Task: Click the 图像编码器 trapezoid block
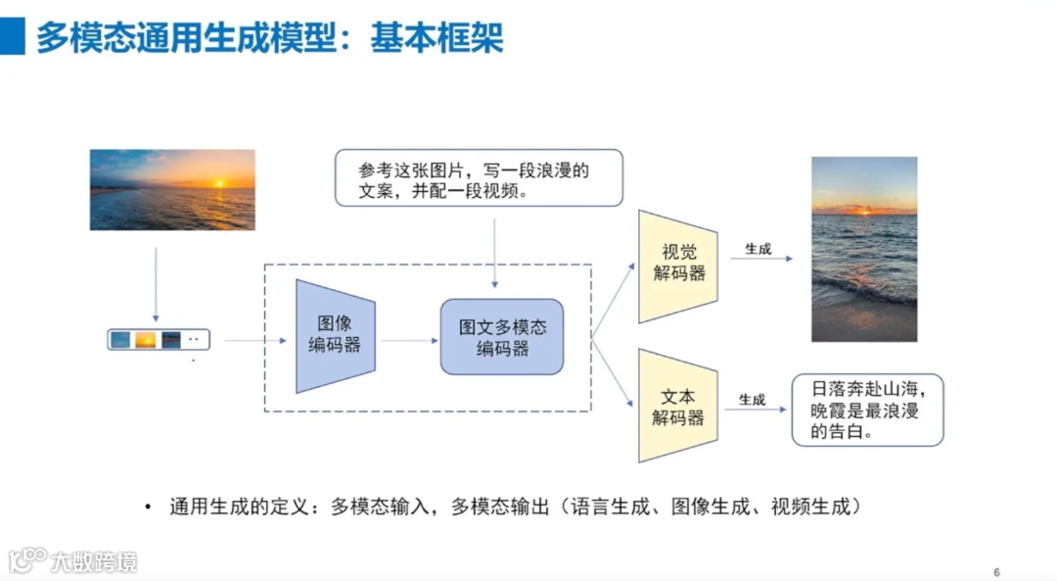(336, 336)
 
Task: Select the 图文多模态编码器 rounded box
(502, 337)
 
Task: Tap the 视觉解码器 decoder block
(678, 265)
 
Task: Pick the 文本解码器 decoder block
(678, 406)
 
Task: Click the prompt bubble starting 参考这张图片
(479, 177)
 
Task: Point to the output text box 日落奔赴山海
(867, 410)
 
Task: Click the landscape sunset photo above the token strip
(172, 190)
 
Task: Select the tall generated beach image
(864, 249)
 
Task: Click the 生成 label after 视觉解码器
(758, 249)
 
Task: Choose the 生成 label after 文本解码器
(752, 400)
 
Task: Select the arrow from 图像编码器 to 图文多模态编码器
(409, 340)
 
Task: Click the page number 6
(996, 572)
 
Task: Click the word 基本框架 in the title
(437, 36)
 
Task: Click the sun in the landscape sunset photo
(218, 183)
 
